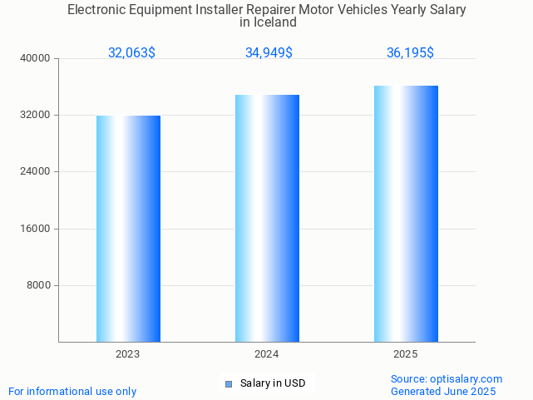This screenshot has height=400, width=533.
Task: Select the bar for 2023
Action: (128, 229)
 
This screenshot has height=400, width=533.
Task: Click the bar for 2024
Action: (267, 218)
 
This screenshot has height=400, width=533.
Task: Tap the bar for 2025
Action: (406, 214)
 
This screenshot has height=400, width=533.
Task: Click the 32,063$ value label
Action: (131, 53)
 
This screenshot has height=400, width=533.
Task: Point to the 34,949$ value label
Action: (269, 53)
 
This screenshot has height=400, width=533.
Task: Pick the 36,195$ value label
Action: (410, 53)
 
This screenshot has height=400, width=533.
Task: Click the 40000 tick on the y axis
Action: (37, 58)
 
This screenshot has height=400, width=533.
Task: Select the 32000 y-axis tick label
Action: (37, 115)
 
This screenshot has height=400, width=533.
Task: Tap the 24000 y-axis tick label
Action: (37, 171)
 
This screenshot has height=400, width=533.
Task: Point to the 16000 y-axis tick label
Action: (37, 229)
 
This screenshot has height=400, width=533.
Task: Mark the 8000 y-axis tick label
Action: (39, 285)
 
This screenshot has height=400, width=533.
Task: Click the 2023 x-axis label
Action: (128, 354)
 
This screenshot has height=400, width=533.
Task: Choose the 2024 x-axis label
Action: (267, 354)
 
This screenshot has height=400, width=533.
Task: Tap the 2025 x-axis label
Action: (406, 354)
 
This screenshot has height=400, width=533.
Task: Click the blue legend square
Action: (229, 383)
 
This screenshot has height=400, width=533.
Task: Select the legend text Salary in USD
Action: (273, 383)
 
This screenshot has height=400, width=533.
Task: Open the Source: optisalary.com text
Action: (447, 378)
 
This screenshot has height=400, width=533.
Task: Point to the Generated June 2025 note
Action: (443, 391)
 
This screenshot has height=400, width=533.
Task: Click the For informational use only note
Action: (72, 391)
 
